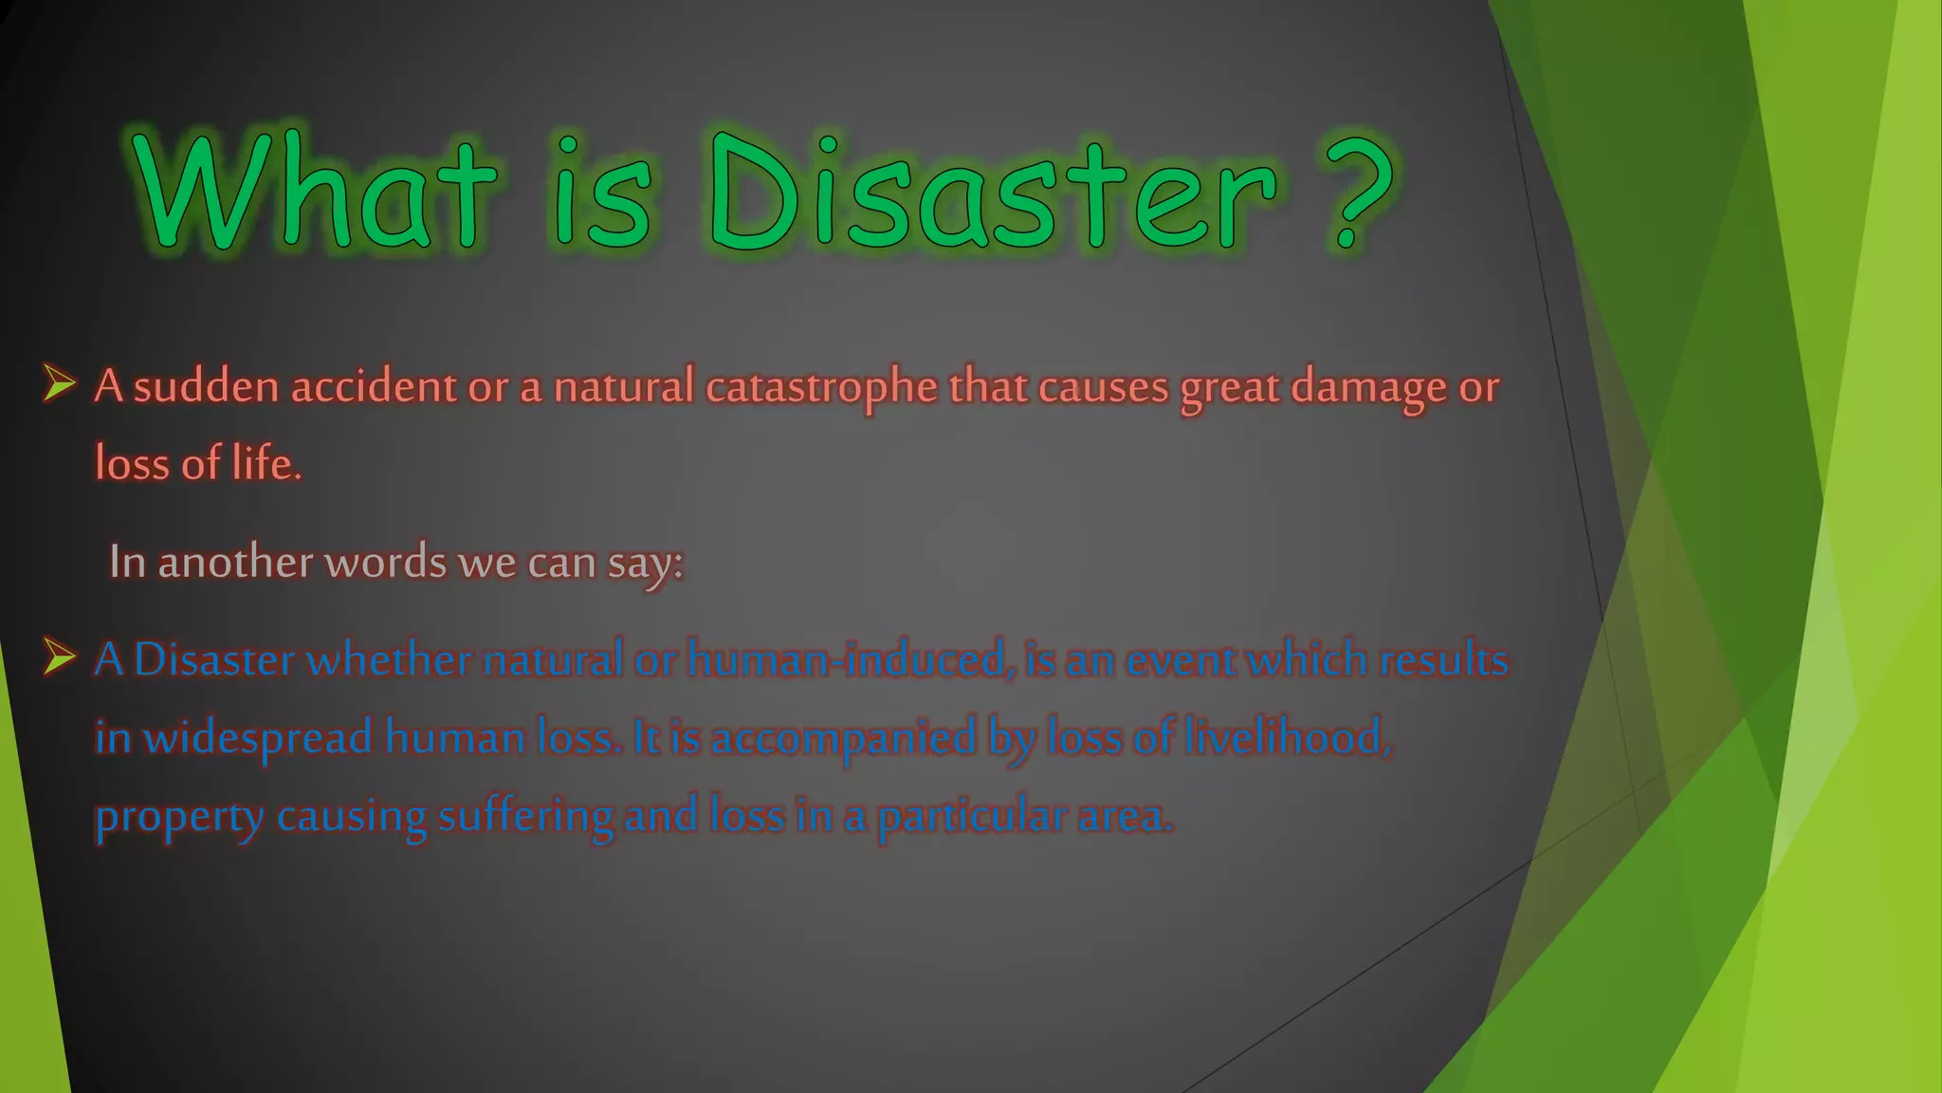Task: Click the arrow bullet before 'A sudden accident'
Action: pyautogui.click(x=59, y=385)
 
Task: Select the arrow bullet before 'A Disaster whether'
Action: pyautogui.click(x=59, y=658)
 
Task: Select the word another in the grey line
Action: pyautogui.click(x=235, y=562)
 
